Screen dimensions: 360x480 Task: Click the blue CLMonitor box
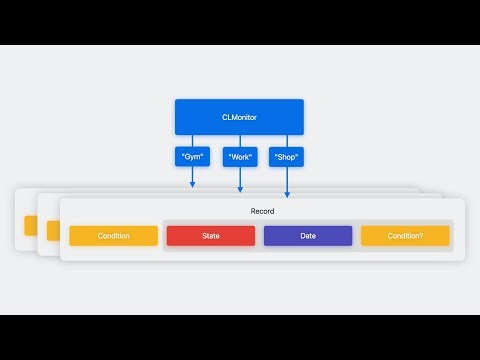(x=239, y=117)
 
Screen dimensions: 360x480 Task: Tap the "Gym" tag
(x=192, y=157)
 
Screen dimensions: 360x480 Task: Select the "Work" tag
(x=240, y=157)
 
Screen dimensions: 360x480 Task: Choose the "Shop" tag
(x=287, y=157)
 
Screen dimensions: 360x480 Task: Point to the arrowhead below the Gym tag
(x=192, y=183)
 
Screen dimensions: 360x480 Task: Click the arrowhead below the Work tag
(x=240, y=189)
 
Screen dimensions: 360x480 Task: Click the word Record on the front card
(x=262, y=211)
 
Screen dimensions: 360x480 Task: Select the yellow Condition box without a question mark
(x=113, y=236)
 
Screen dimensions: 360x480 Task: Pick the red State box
(x=211, y=236)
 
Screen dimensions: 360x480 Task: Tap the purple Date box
(x=308, y=236)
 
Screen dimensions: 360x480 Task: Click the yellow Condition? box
(x=405, y=236)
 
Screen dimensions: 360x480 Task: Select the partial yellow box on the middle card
(x=53, y=229)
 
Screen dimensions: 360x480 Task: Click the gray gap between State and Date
(x=259, y=236)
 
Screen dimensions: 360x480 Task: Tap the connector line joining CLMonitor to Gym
(x=192, y=141)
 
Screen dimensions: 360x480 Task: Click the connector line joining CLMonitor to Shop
(x=287, y=141)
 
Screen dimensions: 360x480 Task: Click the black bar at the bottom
(x=240, y=337)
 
